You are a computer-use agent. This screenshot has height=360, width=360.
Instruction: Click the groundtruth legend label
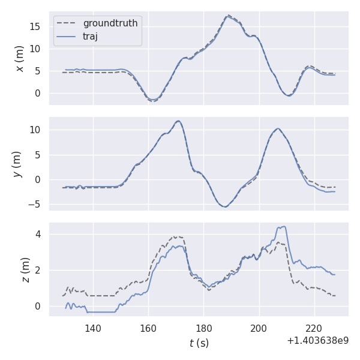click(x=110, y=23)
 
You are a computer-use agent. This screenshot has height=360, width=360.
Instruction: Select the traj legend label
click(x=91, y=36)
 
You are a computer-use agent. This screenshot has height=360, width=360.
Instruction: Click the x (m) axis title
click(x=20, y=58)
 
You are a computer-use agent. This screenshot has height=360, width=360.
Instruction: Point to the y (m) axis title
click(x=17, y=164)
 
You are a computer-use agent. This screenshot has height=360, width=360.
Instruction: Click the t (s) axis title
click(x=199, y=343)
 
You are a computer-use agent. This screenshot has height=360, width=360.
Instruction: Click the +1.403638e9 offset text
click(x=317, y=340)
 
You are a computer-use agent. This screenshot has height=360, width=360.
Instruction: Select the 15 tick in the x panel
click(x=37, y=26)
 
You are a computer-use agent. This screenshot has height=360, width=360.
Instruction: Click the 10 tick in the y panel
click(x=37, y=130)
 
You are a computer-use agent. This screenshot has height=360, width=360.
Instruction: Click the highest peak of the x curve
click(x=228, y=16)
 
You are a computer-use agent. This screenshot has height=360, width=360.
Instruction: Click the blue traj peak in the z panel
click(x=283, y=226)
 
